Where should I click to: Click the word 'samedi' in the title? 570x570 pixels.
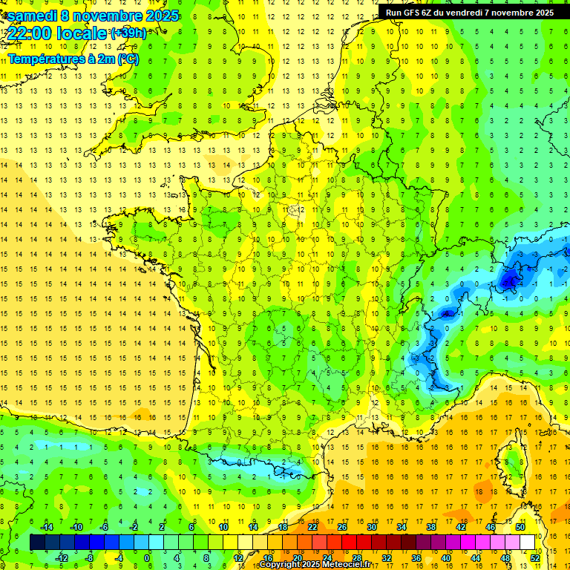[31, 16]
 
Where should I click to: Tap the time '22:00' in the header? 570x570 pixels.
[30, 33]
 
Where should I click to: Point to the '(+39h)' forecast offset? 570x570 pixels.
[128, 33]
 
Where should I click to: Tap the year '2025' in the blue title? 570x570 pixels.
[157, 16]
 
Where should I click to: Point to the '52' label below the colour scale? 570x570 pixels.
[535, 557]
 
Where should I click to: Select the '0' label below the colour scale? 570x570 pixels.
[147, 557]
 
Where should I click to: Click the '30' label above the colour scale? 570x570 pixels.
[371, 527]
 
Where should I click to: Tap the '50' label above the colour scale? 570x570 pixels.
[520, 527]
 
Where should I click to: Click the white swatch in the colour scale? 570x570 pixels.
[528, 543]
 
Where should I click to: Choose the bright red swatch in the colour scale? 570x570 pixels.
[349, 543]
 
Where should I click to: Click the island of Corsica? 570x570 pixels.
[511, 464]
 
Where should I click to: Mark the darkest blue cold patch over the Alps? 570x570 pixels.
[509, 281]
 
